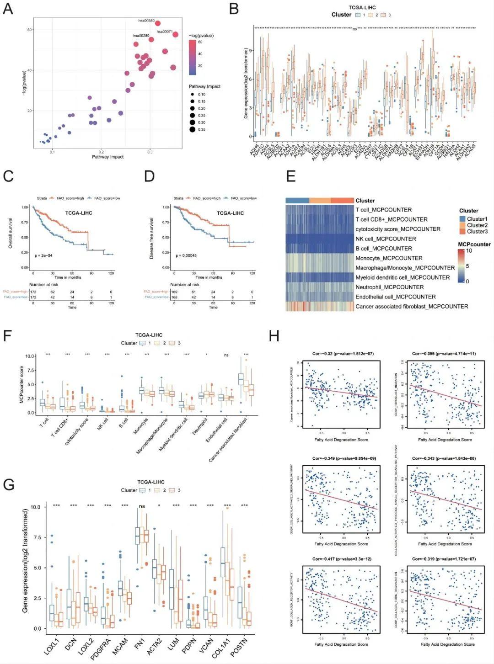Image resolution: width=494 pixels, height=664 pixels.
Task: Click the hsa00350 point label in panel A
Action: coord(146,21)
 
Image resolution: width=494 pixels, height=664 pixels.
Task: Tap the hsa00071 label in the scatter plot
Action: coord(164,32)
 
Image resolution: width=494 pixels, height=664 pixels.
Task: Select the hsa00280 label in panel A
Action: coord(141,36)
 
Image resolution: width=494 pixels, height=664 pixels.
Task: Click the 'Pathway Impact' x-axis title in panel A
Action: coord(108,157)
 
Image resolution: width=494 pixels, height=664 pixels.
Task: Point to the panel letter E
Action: coord(291,176)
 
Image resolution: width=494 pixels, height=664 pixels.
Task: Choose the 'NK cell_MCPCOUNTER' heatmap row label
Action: coord(386,239)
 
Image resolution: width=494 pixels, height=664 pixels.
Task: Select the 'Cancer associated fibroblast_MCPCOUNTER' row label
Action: coord(412,306)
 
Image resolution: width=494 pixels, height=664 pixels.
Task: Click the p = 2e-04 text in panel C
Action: coord(43,255)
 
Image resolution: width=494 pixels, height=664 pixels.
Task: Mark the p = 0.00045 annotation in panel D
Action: coord(186,255)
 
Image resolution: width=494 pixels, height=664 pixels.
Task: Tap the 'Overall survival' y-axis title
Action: coord(11,233)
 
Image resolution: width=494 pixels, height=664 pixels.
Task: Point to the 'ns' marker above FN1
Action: coord(142,506)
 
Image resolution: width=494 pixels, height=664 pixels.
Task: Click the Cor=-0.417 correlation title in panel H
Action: coord(341,559)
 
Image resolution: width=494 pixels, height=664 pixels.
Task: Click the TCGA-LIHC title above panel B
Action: coord(362,7)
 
